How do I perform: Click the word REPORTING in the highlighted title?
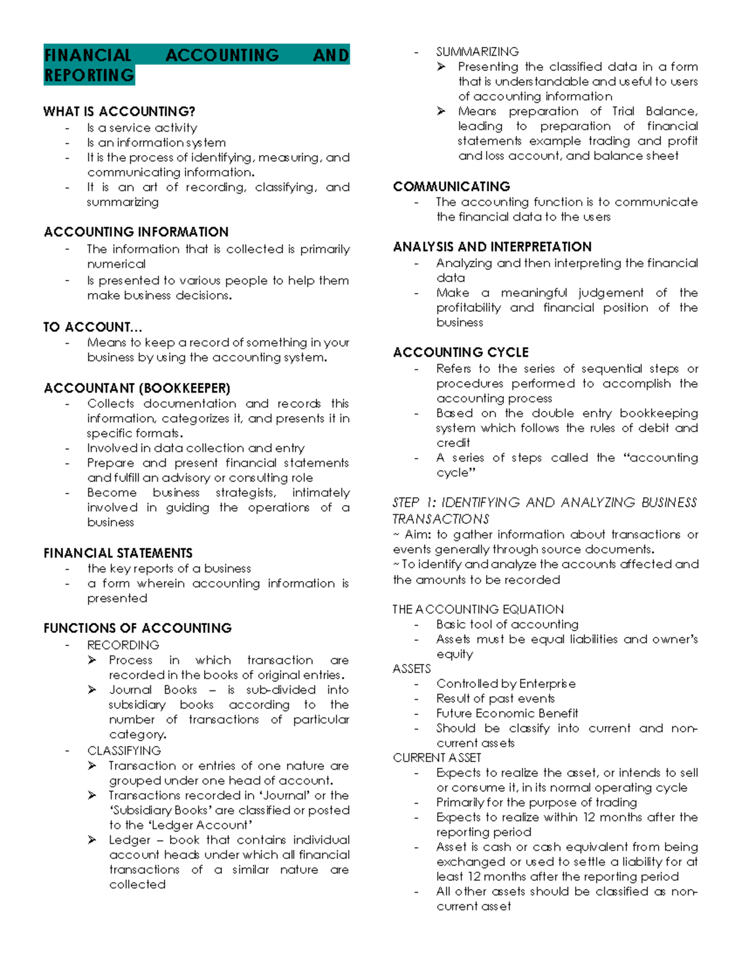89,75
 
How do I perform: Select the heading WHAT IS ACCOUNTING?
119,112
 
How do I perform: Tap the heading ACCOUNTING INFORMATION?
136,232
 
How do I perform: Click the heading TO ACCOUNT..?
92,327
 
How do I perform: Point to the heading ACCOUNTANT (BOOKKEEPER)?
137,388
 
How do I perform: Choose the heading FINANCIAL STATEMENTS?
118,553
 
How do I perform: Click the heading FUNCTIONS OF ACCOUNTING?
137,628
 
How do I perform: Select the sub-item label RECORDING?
123,645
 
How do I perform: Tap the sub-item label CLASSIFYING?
124,750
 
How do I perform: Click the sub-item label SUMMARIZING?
477,52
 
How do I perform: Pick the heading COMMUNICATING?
451,187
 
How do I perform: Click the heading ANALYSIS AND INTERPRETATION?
492,247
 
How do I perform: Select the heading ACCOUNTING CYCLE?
461,352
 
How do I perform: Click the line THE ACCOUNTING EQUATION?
478,610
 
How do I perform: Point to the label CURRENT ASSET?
437,758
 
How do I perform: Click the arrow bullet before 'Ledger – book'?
92,840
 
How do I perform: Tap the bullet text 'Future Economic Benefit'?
507,713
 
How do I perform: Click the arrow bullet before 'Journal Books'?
92,690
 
